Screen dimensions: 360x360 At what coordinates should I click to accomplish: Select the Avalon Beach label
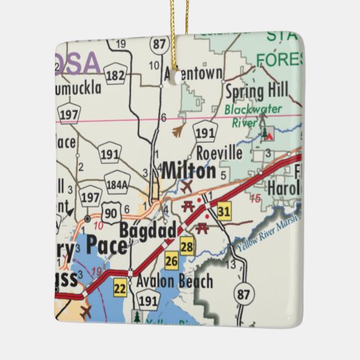(x=175, y=281)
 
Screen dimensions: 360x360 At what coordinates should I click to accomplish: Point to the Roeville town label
(x=219, y=153)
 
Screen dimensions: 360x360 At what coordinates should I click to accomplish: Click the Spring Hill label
(x=257, y=89)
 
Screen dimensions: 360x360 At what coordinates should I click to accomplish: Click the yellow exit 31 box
(x=225, y=212)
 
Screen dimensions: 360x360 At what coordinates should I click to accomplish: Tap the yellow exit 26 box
(x=170, y=261)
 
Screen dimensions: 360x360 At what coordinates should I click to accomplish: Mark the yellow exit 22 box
(x=120, y=287)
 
